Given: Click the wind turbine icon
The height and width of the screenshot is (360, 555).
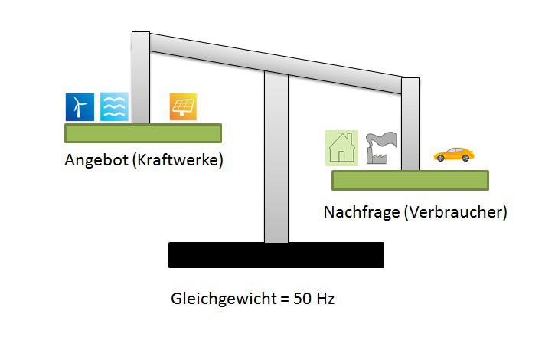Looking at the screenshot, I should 79,107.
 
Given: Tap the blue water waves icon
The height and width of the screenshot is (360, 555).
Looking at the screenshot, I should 114,107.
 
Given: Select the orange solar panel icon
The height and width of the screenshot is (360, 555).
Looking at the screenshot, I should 184,107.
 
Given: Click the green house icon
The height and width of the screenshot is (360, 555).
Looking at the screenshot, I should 341,147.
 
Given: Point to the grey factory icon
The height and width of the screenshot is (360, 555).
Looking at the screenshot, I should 380,147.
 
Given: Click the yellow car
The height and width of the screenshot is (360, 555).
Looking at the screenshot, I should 453,155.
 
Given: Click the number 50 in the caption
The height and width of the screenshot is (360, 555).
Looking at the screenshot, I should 300,299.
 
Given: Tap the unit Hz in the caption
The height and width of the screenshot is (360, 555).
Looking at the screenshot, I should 325,299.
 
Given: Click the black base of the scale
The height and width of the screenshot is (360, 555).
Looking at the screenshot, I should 276,255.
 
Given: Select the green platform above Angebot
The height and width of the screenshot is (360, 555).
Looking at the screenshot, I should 142,133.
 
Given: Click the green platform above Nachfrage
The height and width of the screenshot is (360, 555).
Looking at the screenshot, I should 410,180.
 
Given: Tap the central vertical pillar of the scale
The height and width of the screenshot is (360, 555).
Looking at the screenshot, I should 276,161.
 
